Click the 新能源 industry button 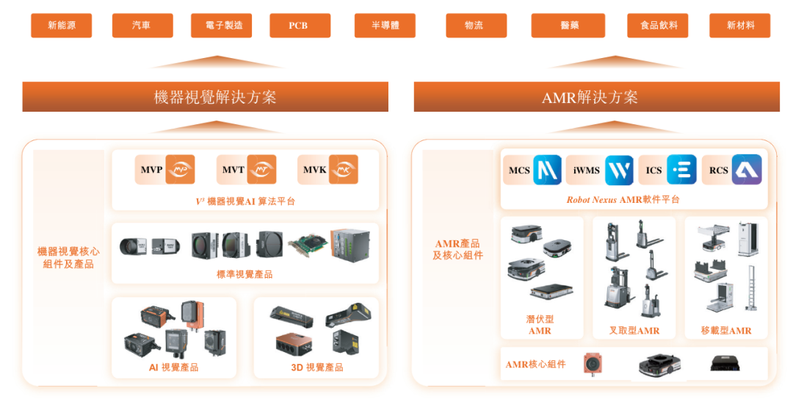point(61,26)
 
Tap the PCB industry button point(298,26)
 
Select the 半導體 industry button point(385,26)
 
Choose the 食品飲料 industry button point(658,26)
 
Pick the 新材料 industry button point(739,26)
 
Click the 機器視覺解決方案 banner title point(205,97)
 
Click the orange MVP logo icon point(180,170)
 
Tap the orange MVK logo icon point(343,170)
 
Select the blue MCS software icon point(547,170)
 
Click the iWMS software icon point(618,170)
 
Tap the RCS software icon point(747,170)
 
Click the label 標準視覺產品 point(245,274)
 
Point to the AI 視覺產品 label point(173,367)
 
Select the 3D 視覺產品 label point(316,367)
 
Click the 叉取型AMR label point(634,331)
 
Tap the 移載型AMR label point(726,331)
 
